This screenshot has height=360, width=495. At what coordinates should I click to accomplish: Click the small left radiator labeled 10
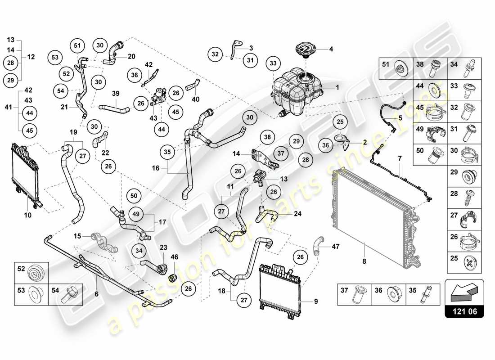point(26,173)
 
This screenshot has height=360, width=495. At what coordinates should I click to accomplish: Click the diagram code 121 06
point(464,310)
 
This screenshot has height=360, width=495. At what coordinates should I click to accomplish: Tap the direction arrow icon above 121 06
point(464,291)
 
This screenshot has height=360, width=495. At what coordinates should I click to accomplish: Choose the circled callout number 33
point(273,64)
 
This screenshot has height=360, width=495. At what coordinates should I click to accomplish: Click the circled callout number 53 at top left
point(55,57)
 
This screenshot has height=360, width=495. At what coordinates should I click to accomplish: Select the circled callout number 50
point(134,196)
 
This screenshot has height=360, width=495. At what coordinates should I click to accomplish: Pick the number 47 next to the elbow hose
point(336,247)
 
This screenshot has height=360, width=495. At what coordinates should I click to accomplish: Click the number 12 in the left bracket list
point(31,57)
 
